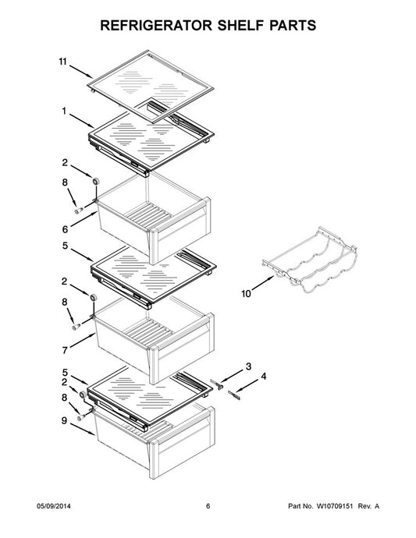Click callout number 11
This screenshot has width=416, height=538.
pyautogui.click(x=62, y=62)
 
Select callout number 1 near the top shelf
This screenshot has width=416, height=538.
pyautogui.click(x=64, y=111)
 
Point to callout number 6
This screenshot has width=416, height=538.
pyautogui.click(x=65, y=229)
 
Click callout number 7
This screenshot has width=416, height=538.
pyautogui.click(x=65, y=350)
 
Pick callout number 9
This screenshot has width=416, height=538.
pyautogui.click(x=64, y=420)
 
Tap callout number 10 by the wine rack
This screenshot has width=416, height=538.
pyautogui.click(x=246, y=294)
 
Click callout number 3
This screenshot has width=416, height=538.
pyautogui.click(x=248, y=366)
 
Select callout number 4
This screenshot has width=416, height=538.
pyautogui.click(x=263, y=377)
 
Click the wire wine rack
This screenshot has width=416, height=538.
pyautogui.click(x=310, y=260)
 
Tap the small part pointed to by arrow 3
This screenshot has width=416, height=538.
pyautogui.click(x=216, y=384)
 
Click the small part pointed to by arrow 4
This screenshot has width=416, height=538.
pyautogui.click(x=234, y=395)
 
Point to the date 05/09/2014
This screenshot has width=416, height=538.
pyautogui.click(x=54, y=506)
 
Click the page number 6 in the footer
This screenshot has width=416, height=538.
pyautogui.click(x=208, y=506)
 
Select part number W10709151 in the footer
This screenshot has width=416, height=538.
pyautogui.click(x=334, y=506)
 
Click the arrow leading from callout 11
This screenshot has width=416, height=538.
pyautogui.click(x=80, y=71)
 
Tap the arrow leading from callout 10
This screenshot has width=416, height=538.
pyautogui.click(x=263, y=283)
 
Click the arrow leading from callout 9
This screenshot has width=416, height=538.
pyautogui.click(x=83, y=430)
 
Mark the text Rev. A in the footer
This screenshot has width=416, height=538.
pyautogui.click(x=368, y=506)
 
